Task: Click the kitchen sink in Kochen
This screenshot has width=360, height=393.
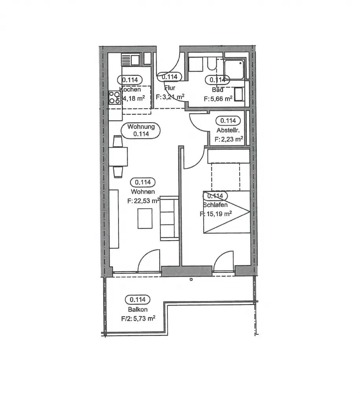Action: tap(131, 60)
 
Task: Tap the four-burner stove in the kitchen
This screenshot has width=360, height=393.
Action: tap(115, 97)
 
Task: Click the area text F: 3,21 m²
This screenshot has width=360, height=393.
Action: tap(170, 96)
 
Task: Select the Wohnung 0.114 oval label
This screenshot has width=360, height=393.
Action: tap(141, 130)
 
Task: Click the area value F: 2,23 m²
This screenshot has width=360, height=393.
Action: tap(228, 139)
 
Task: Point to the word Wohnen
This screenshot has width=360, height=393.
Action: tap(143, 192)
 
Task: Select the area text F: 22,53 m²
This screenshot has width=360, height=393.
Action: tap(143, 201)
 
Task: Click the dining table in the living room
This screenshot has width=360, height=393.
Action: tap(118, 156)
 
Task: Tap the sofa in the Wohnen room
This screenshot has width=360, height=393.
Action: tap(169, 218)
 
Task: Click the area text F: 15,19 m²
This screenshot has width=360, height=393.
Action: tap(216, 214)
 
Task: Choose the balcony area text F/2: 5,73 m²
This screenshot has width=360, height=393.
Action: tap(138, 319)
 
